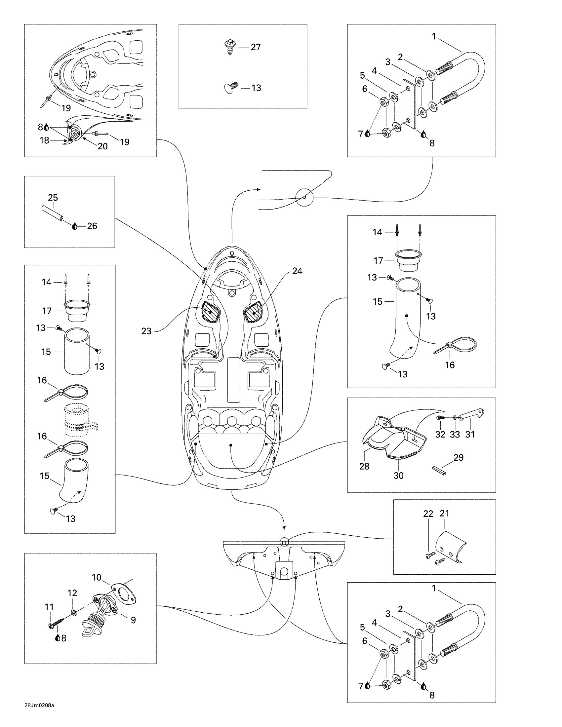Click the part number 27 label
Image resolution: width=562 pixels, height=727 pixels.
(x=255, y=47)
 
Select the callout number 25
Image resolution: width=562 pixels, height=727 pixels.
(x=53, y=197)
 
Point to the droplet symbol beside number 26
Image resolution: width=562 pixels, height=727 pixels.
(x=75, y=226)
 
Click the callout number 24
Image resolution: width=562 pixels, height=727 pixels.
(x=297, y=271)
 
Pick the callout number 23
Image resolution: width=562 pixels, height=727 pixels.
(x=146, y=331)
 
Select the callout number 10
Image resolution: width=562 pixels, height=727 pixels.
(x=97, y=577)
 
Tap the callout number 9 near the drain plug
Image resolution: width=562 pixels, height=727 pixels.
(x=133, y=620)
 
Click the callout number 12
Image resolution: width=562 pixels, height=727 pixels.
(x=72, y=593)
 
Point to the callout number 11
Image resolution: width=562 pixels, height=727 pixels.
(x=49, y=607)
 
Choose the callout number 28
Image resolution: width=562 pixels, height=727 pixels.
(x=364, y=466)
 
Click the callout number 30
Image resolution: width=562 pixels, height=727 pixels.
(x=399, y=475)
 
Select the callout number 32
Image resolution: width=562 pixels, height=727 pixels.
(x=440, y=434)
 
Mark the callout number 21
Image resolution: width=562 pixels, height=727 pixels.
(x=444, y=513)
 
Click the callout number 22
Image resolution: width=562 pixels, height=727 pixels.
(x=428, y=514)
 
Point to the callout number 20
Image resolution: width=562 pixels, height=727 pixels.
(x=102, y=146)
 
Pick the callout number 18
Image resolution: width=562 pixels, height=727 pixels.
(x=44, y=140)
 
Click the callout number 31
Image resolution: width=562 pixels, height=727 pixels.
(x=470, y=434)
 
